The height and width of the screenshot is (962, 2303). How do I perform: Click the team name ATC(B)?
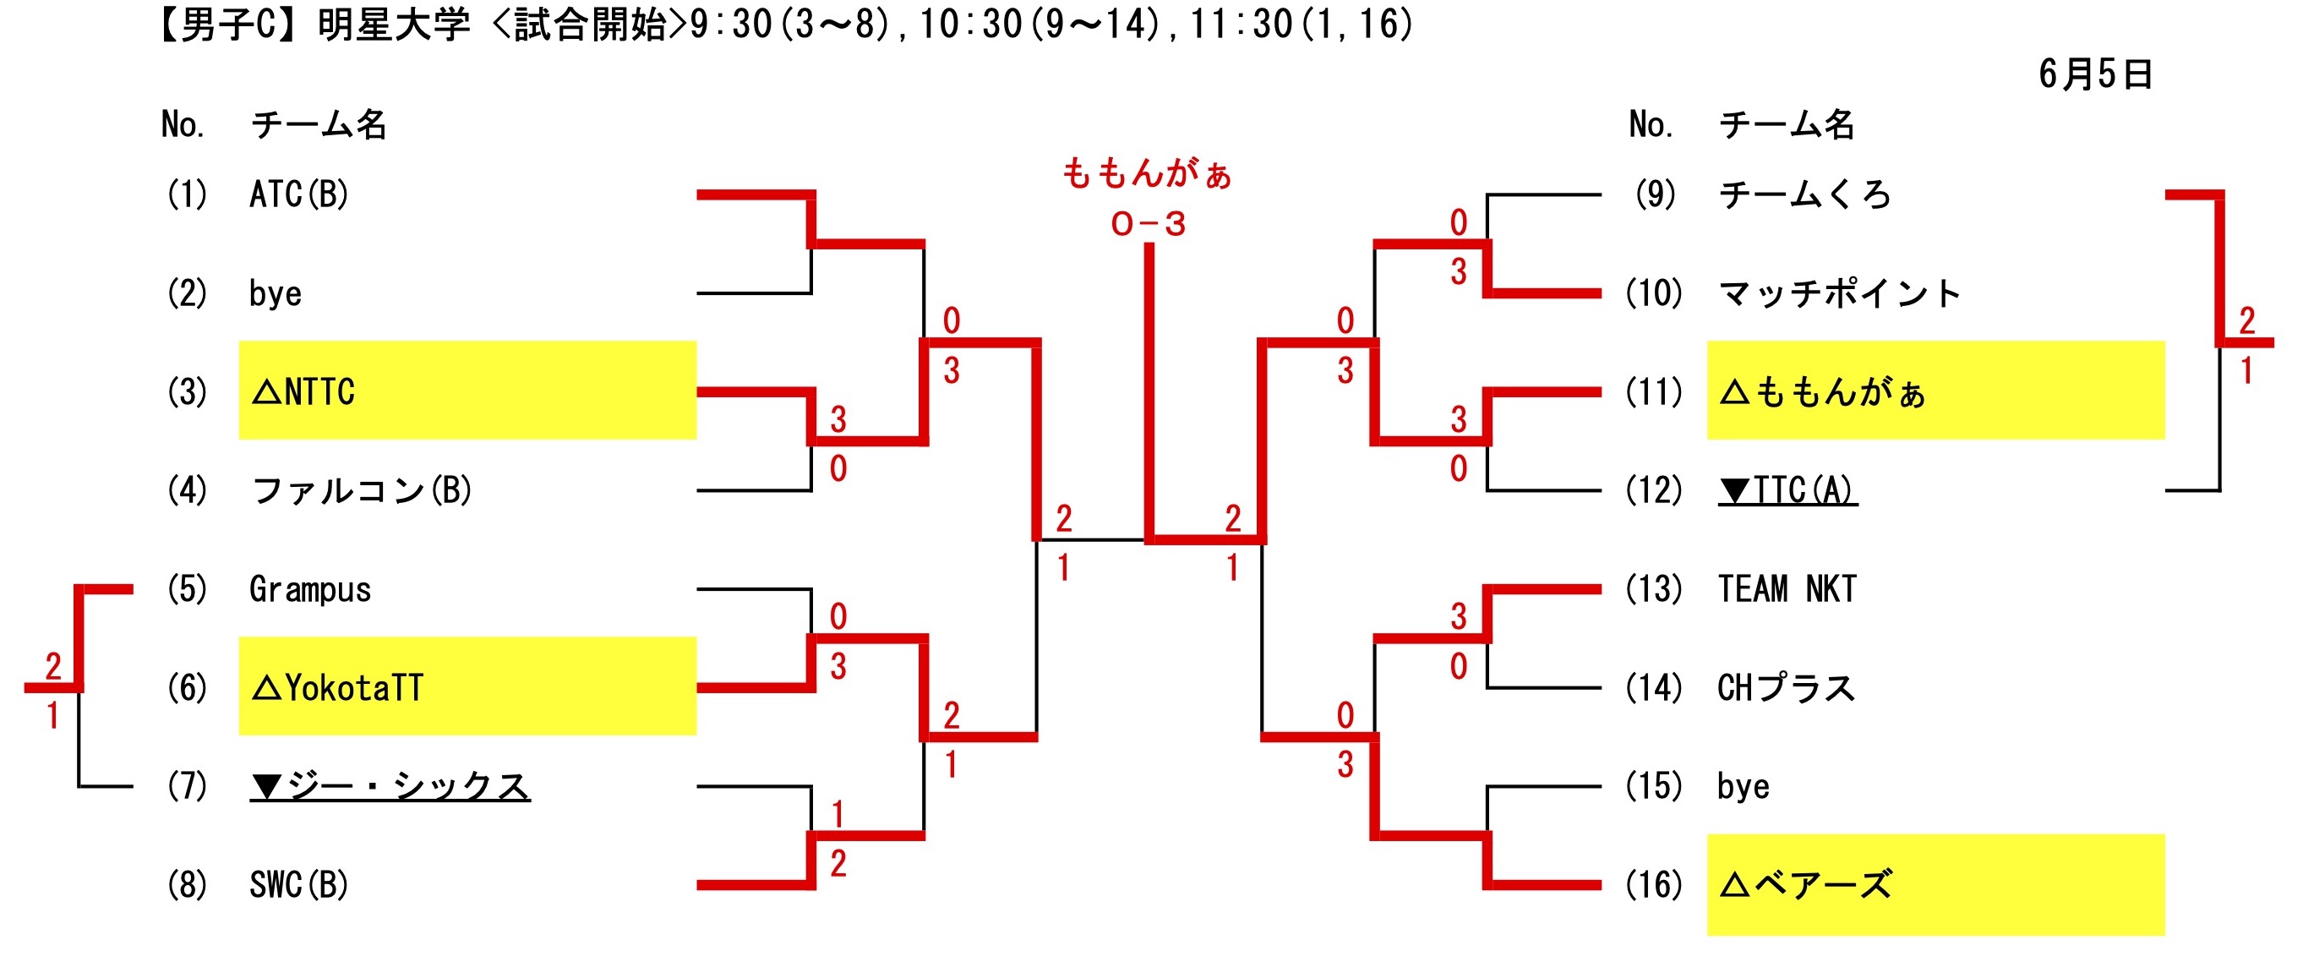click(x=298, y=194)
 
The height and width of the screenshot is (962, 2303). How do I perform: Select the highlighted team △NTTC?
click(x=304, y=391)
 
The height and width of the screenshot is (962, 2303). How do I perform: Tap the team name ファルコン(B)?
click(x=362, y=490)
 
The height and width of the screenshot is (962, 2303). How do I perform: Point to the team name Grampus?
click(x=309, y=589)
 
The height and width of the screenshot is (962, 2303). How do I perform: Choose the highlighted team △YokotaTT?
click(x=338, y=687)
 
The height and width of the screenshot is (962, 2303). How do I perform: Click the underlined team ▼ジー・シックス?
click(x=390, y=786)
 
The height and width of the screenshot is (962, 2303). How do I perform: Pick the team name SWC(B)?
click(x=298, y=885)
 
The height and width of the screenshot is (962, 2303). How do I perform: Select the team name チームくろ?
click(x=1804, y=194)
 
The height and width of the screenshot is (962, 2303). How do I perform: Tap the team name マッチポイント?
click(x=1840, y=293)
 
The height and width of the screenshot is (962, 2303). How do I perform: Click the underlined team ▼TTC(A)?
click(x=1787, y=490)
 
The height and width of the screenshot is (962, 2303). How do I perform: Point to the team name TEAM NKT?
click(x=1787, y=589)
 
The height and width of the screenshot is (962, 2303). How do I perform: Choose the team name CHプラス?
click(x=1786, y=687)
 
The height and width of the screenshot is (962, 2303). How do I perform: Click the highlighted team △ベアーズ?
click(x=1806, y=885)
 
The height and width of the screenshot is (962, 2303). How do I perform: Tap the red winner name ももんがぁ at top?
click(x=1147, y=173)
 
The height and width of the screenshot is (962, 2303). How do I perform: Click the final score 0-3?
click(x=1148, y=223)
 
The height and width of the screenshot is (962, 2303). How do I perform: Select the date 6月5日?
click(x=2095, y=74)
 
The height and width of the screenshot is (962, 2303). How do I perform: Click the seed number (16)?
click(x=1654, y=885)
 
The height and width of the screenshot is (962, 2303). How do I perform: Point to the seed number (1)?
click(x=187, y=194)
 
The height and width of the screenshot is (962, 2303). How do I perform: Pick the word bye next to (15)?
click(x=1743, y=787)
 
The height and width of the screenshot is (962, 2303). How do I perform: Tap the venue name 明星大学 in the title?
click(x=393, y=25)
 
